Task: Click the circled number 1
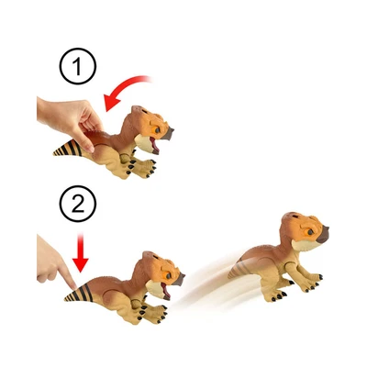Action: [x=78, y=66]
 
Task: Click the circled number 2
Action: [x=78, y=204]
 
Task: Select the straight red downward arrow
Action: [x=81, y=253]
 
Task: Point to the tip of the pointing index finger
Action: [x=73, y=287]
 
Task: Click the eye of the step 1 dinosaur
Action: [x=157, y=130]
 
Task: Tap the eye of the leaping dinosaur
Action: [x=310, y=232]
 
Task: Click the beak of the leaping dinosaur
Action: [x=323, y=235]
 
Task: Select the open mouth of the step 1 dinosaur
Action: [x=154, y=145]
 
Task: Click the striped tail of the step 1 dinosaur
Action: [x=68, y=149]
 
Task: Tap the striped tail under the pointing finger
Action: [x=79, y=293]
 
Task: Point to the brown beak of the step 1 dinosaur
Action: [x=168, y=134]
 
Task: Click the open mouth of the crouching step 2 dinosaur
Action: [x=165, y=292]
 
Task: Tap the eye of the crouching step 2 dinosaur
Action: [x=168, y=276]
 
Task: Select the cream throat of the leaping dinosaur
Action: [x=303, y=245]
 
